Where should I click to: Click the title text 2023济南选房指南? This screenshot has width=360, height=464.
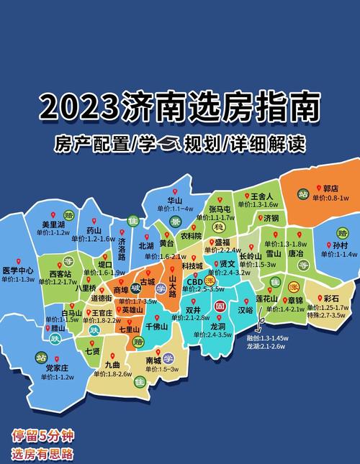[x=180, y=107]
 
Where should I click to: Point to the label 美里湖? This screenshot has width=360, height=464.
[x=53, y=224]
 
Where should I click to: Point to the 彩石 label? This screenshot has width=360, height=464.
[x=332, y=298]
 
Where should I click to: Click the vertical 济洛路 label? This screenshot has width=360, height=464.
[x=121, y=249]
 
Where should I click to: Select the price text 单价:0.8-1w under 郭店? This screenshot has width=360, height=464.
[x=330, y=198]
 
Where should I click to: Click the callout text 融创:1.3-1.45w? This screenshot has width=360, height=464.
[x=268, y=337]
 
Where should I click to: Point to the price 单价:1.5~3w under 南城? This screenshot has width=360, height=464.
[x=163, y=368]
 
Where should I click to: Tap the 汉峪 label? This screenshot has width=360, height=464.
[x=245, y=310]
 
